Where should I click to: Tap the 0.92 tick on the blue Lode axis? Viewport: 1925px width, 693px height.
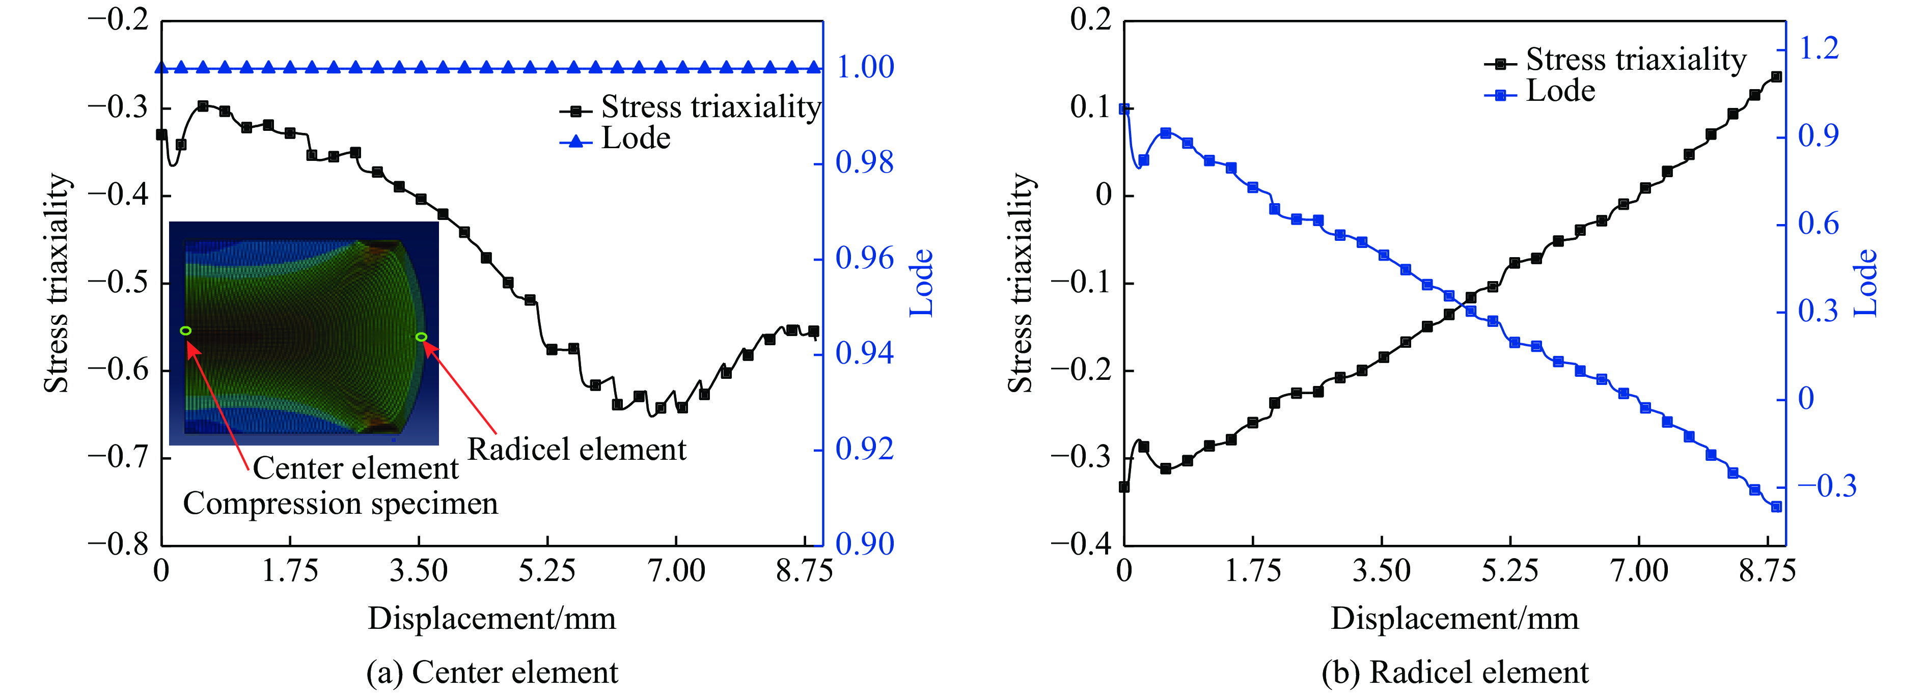[865, 449]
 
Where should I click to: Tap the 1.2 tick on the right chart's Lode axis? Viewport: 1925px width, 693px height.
[1818, 48]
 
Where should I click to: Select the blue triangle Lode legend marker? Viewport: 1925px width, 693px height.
[576, 140]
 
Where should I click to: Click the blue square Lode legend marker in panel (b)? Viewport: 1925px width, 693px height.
[1501, 94]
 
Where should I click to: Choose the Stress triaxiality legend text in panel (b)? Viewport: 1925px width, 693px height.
[1636, 59]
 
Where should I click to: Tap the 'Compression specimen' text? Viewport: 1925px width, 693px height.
[340, 504]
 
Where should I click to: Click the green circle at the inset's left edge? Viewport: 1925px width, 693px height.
[185, 330]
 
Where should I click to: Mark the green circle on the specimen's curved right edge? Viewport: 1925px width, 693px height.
[422, 337]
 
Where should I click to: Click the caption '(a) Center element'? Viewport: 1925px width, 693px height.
[492, 672]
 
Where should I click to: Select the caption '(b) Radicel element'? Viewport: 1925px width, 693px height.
[1455, 672]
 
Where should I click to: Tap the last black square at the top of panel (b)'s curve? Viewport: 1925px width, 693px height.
[1776, 77]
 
